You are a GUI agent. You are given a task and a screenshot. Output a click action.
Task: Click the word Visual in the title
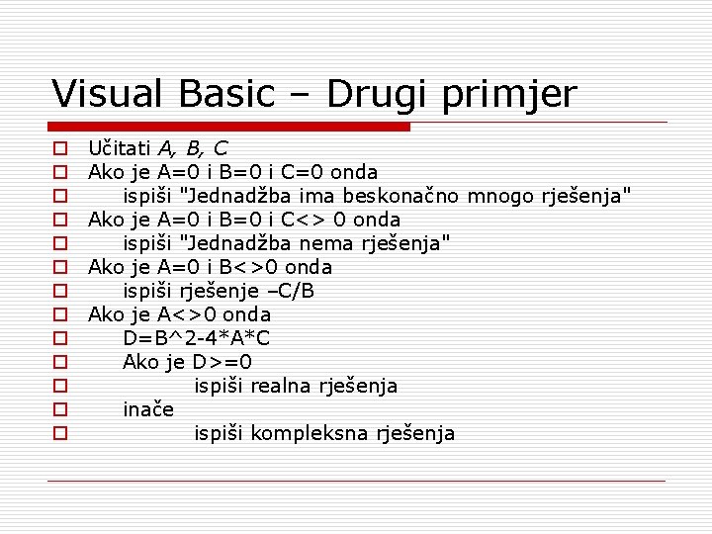click(x=110, y=94)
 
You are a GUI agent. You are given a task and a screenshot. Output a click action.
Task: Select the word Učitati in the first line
click(x=117, y=148)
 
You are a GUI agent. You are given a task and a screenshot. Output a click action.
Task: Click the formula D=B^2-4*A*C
click(x=197, y=338)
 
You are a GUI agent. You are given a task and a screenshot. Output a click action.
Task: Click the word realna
click(x=280, y=386)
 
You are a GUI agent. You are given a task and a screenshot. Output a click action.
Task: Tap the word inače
click(x=148, y=409)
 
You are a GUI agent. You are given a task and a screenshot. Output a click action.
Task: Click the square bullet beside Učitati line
click(x=60, y=149)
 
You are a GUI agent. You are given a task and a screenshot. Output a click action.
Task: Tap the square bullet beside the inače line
click(x=60, y=409)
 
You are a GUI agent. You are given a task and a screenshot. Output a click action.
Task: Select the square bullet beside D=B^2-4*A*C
click(x=60, y=338)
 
